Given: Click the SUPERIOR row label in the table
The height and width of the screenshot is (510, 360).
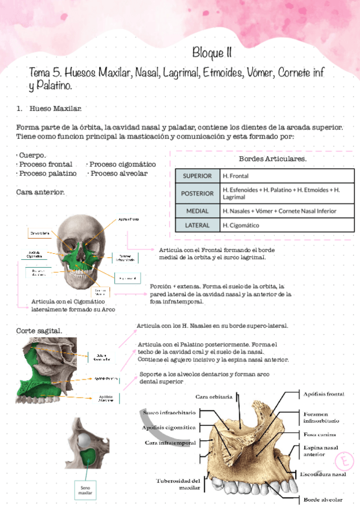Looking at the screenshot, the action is click(x=197, y=176).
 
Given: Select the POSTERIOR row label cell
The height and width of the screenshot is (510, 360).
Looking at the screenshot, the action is click(x=197, y=194).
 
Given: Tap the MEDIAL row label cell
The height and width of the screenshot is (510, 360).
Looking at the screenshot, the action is click(x=197, y=211).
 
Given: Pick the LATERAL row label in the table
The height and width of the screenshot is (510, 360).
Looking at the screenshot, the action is click(x=197, y=226).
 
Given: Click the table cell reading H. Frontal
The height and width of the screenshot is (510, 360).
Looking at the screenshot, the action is click(x=236, y=176).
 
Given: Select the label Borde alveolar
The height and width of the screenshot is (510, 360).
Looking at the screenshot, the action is click(x=323, y=499).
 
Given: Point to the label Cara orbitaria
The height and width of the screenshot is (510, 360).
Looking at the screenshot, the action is click(x=214, y=396).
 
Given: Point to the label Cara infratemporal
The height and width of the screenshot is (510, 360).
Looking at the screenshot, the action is click(x=170, y=443).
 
